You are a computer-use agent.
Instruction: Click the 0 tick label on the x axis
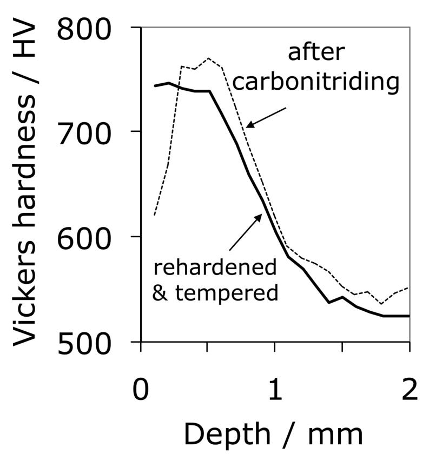pyautogui.click(x=141, y=390)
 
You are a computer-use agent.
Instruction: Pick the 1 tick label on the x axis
pyautogui.click(x=275, y=390)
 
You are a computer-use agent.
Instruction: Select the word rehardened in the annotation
pyautogui.click(x=215, y=267)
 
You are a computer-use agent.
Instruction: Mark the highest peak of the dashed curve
pyautogui.click(x=208, y=58)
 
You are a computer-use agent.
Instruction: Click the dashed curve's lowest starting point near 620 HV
pyautogui.click(x=154, y=215)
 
